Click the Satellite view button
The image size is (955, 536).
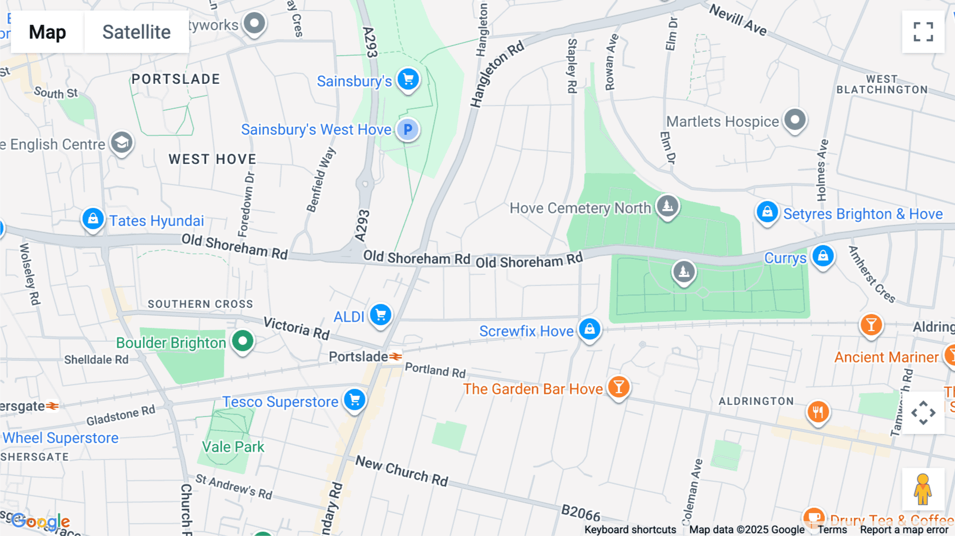[x=136, y=32]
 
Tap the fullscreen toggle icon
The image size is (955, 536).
[x=923, y=32]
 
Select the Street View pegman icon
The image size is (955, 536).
[x=923, y=489]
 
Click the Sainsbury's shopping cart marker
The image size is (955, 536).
[x=408, y=80]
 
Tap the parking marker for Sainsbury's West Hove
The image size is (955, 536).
[x=407, y=129]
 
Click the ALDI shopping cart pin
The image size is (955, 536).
[x=380, y=315]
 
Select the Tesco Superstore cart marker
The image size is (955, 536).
[x=354, y=400]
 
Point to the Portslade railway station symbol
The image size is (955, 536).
[x=396, y=357]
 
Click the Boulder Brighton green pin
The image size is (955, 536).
[x=242, y=341]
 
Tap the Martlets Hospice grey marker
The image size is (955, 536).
[x=795, y=120]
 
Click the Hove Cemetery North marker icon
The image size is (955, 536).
[x=667, y=205]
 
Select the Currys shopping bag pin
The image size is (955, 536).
[x=823, y=256]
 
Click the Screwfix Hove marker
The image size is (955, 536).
[x=589, y=330]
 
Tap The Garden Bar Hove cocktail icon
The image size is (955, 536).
[x=619, y=387]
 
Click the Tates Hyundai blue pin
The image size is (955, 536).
[x=93, y=219]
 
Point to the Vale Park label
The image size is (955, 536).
[x=233, y=447]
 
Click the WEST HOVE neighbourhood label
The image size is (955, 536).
[x=212, y=159]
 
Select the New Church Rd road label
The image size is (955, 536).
[x=402, y=471]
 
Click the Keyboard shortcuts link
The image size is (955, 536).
[x=630, y=530]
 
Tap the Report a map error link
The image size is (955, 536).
[x=904, y=530]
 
